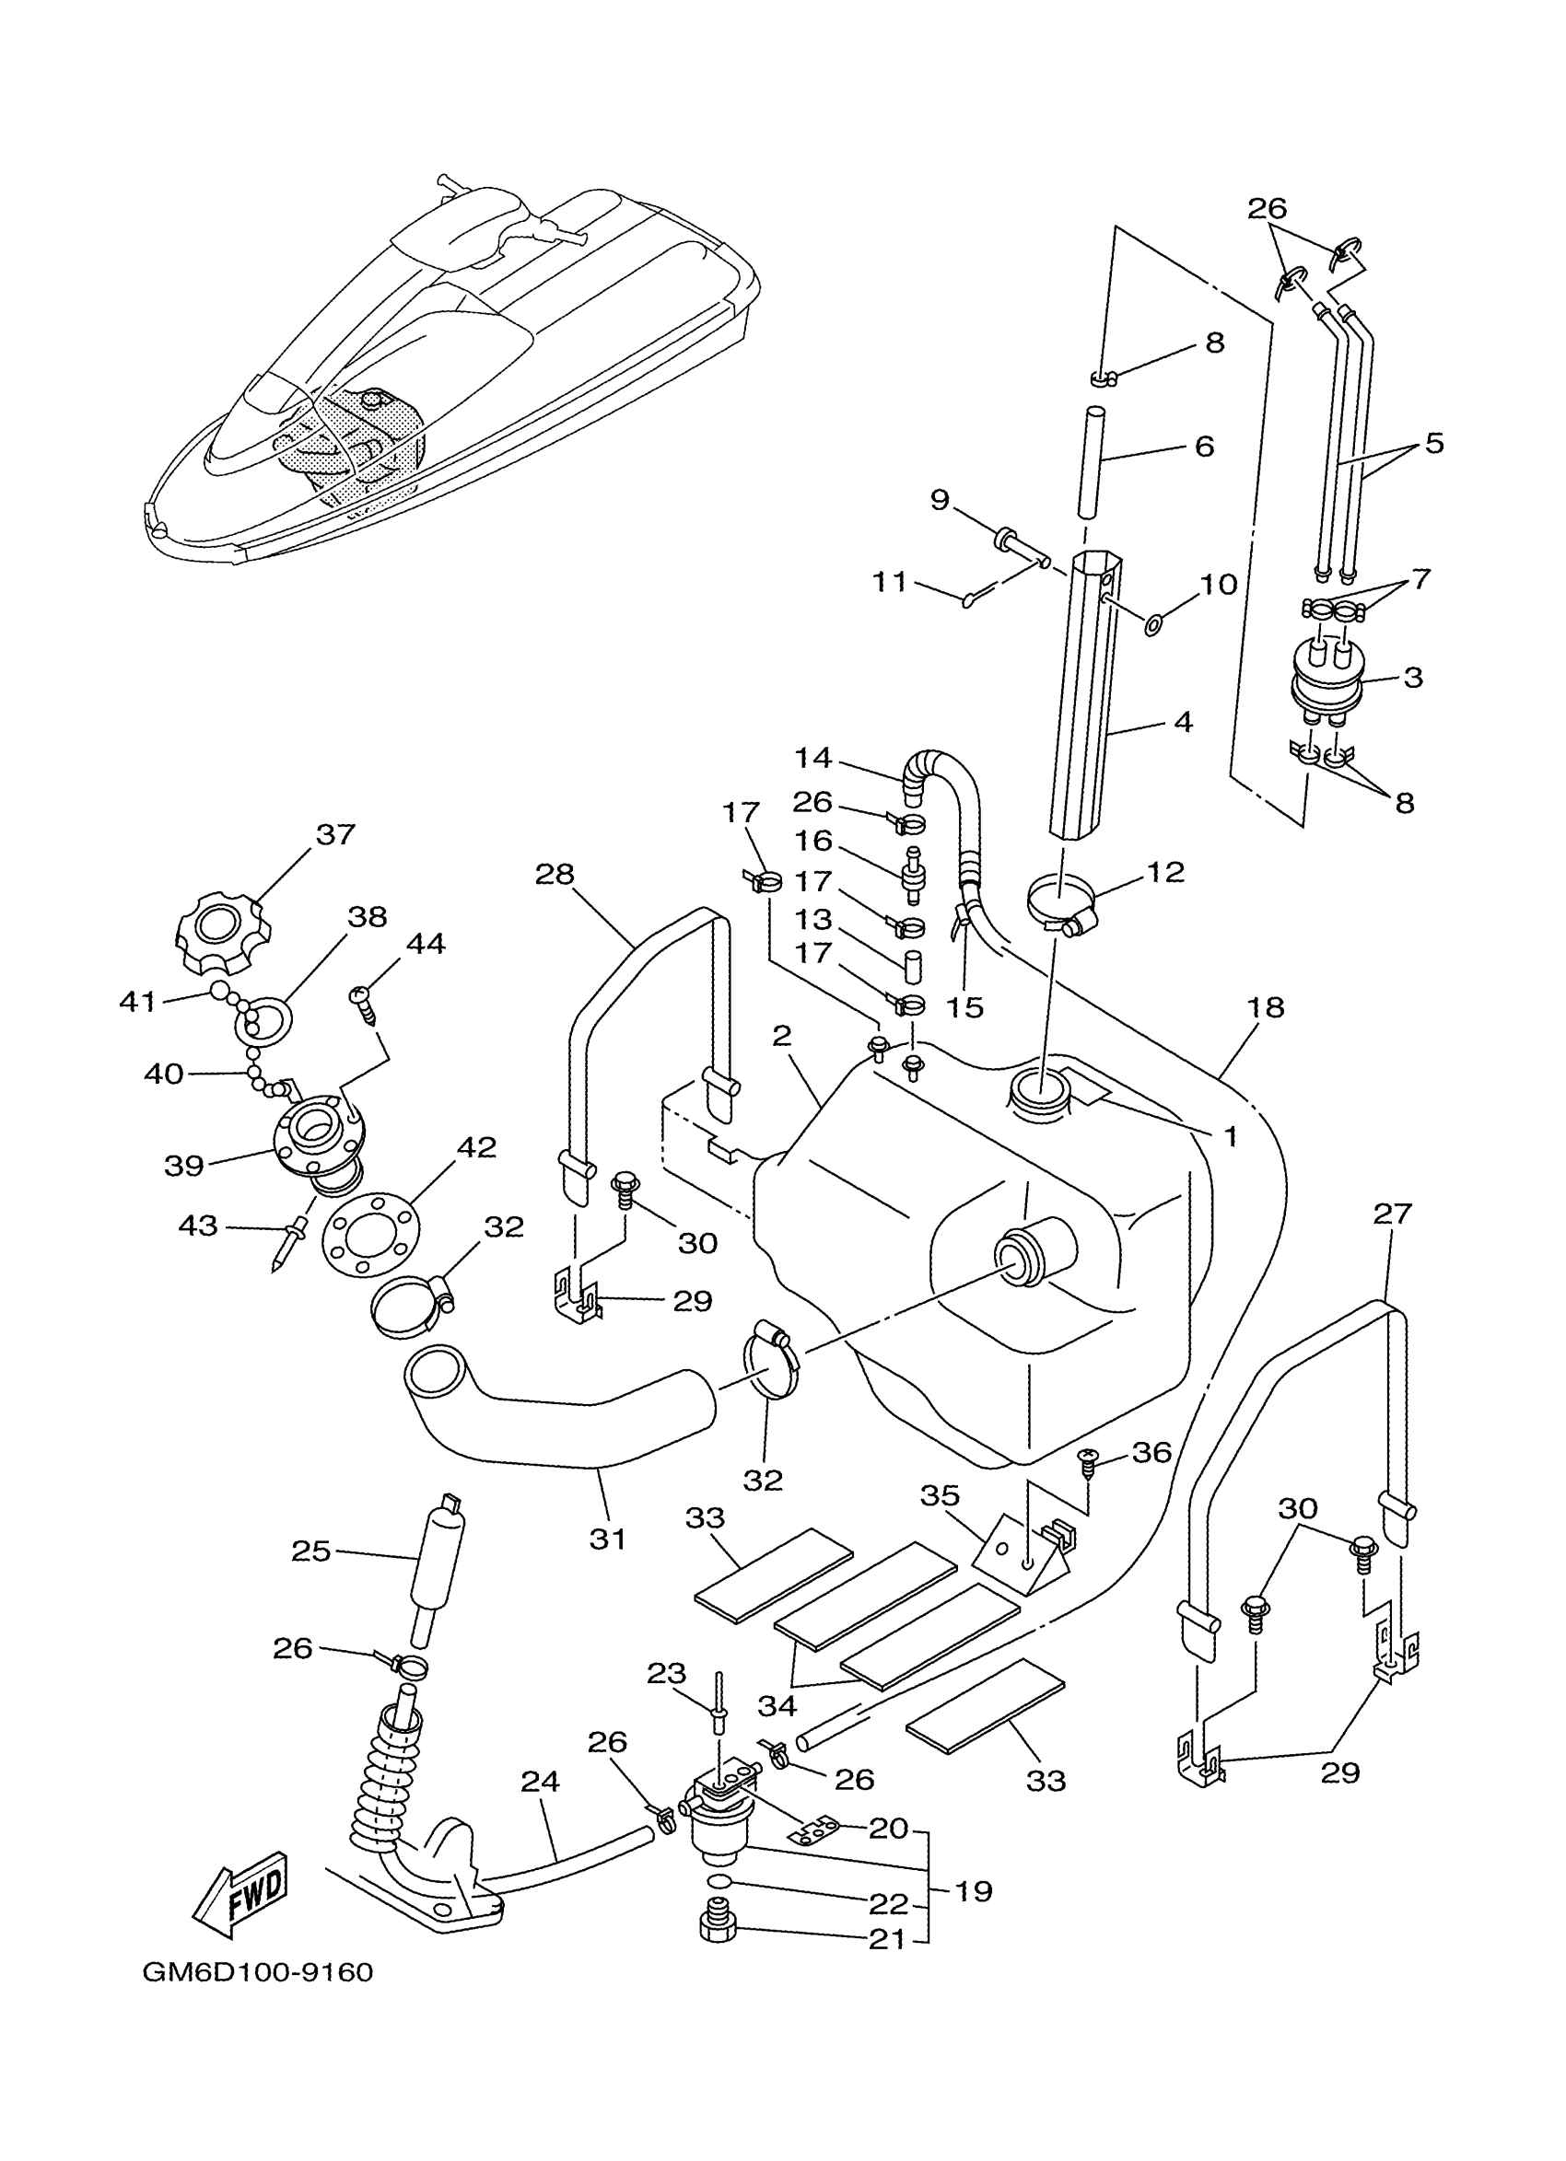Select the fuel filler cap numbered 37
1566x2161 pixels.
pyautogui.click(x=218, y=932)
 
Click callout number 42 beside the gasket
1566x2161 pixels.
pyautogui.click(x=476, y=1147)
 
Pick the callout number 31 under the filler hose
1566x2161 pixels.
pyautogui.click(x=607, y=1538)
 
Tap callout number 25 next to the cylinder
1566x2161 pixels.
pyautogui.click(x=310, y=1551)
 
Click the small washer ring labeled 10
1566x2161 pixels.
pyautogui.click(x=1153, y=625)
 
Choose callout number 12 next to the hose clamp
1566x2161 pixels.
pyautogui.click(x=1164, y=872)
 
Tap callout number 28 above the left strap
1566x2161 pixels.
pyautogui.click(x=555, y=874)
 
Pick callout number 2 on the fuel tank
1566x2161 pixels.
pyautogui.click(x=781, y=1036)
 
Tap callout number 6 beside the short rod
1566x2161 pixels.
pyautogui.click(x=1204, y=446)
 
